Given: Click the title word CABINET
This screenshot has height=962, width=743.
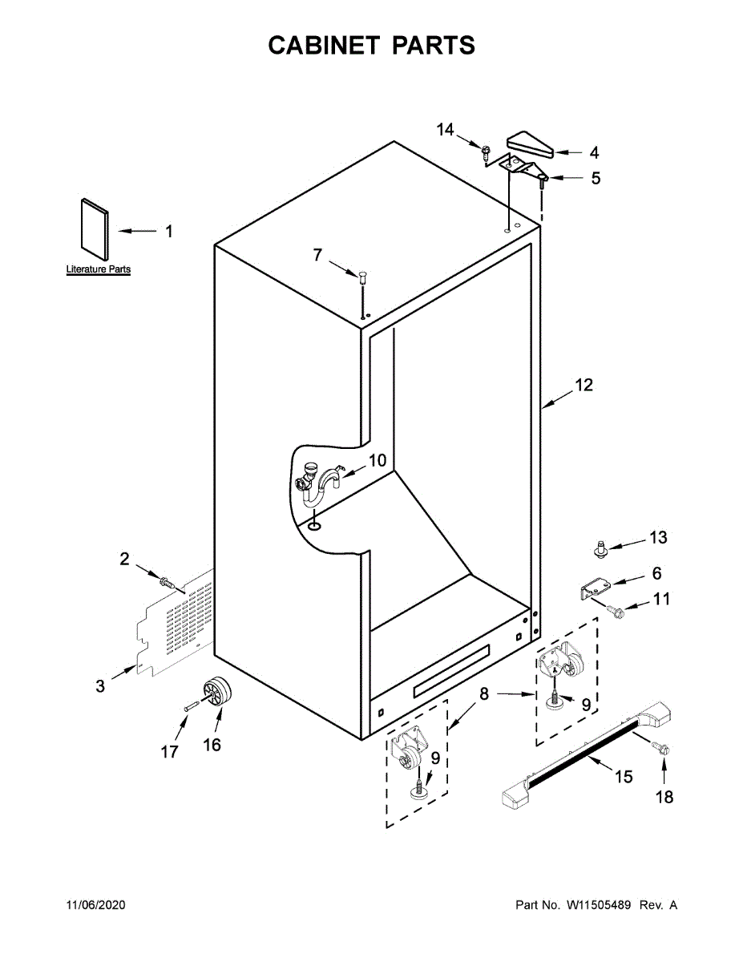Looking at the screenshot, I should (x=325, y=46).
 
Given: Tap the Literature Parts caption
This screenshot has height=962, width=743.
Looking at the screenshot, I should (x=98, y=270).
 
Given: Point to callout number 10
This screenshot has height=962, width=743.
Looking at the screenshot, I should (x=377, y=461).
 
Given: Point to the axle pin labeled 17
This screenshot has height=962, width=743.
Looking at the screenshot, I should (x=192, y=707).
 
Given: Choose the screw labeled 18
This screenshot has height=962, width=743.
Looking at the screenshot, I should (x=663, y=750).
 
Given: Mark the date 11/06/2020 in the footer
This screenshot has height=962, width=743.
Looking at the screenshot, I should (x=95, y=905).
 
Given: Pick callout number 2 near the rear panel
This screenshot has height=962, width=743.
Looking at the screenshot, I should (x=124, y=560).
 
